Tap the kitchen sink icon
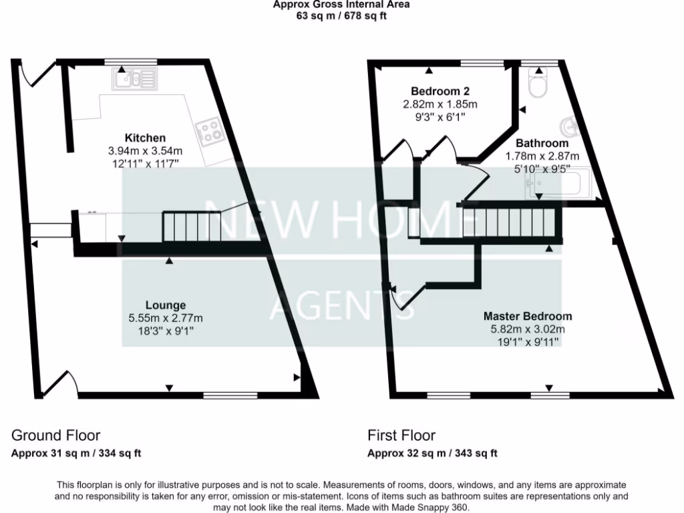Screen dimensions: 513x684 point(134,79)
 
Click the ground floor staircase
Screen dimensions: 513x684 point(192,226)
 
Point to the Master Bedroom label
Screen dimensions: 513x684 point(528,317)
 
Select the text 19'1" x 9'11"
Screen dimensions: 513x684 point(528,341)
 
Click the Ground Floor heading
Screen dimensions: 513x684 point(55,436)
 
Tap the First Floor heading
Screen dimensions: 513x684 point(401,436)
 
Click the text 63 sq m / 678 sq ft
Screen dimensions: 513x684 point(341,16)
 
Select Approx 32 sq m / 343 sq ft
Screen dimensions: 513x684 point(432,454)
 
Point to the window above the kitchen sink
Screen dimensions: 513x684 point(130,62)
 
